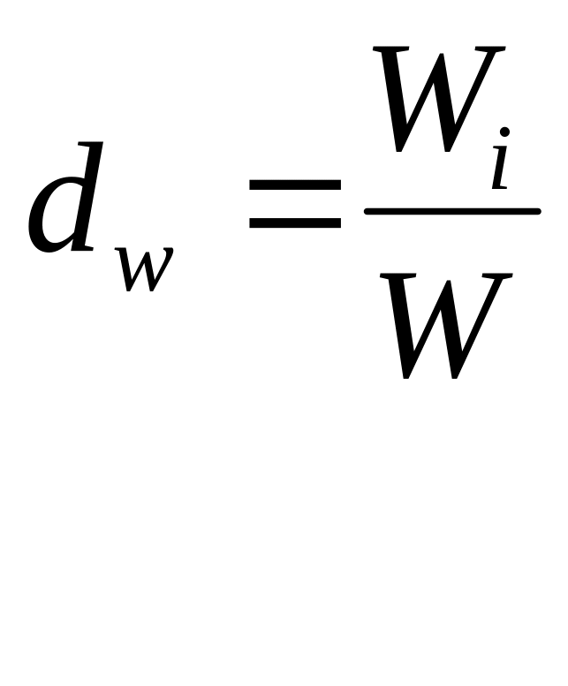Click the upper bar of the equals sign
point(294,185)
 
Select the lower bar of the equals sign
point(294,222)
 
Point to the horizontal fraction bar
point(452,212)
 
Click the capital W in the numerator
point(439,99)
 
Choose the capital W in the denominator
point(445,326)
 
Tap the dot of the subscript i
point(504,132)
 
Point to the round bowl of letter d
point(55,215)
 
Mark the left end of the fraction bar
point(365,212)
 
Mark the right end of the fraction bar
point(541,212)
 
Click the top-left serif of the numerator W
point(390,49)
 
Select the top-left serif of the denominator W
point(397,275)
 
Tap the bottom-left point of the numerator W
point(398,150)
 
